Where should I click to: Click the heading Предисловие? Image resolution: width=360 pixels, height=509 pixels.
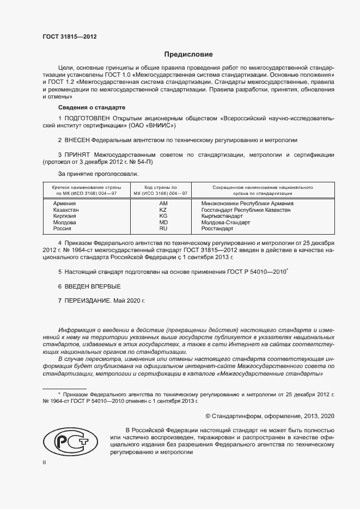tap(189, 54)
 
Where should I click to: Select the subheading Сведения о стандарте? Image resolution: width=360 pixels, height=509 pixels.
tap(91, 107)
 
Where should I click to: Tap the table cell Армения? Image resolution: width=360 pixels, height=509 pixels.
tap(64, 203)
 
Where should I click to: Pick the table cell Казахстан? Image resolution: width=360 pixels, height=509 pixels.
tap(66, 210)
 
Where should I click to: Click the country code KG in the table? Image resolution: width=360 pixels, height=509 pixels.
tap(163, 216)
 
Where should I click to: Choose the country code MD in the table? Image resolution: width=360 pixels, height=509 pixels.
tap(163, 223)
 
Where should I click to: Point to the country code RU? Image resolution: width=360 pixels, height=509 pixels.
tap(163, 229)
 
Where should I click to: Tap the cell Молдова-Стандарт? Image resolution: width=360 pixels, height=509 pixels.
tap(225, 223)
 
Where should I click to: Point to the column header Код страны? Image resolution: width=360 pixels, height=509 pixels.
tap(162, 187)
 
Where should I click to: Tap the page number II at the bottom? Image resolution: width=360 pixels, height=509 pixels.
tap(45, 462)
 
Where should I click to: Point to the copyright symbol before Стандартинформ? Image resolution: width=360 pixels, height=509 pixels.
tap(208, 416)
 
